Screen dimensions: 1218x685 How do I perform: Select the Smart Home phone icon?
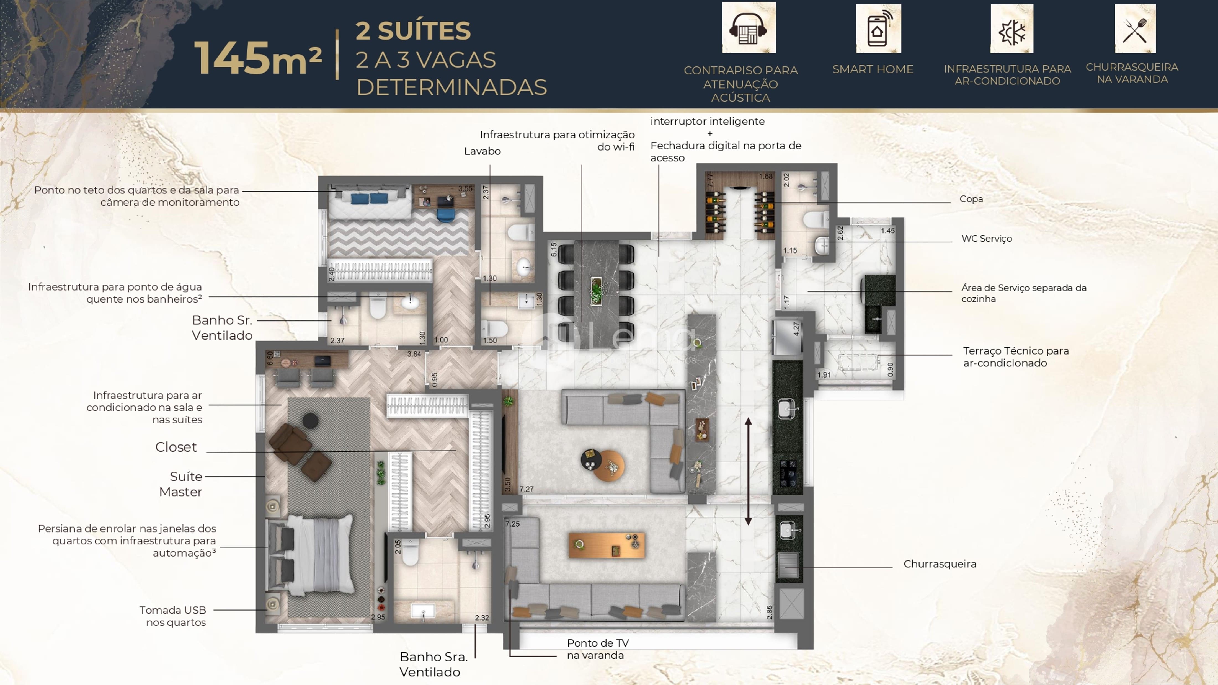878,28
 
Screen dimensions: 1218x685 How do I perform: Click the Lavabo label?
482,151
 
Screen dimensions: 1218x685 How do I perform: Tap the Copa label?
971,199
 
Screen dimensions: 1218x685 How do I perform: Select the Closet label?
176,447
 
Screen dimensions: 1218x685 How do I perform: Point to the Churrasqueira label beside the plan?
940,564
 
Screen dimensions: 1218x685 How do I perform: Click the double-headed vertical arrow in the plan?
748,471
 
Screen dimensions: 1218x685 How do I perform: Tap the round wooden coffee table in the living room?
609,466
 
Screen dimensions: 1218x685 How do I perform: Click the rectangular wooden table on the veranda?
607,545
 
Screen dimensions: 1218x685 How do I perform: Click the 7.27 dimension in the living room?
527,489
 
